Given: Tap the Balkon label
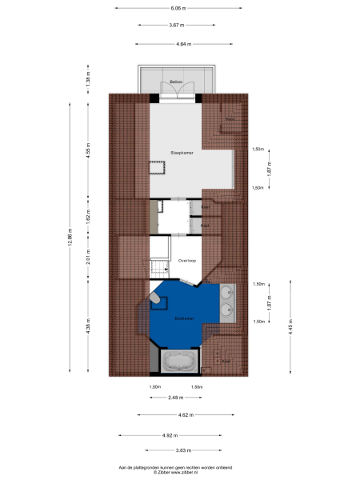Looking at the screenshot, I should (x=176, y=82).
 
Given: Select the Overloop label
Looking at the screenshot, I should (x=187, y=260).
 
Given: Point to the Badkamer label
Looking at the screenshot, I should (x=185, y=318).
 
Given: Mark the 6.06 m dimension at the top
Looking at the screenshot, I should (x=178, y=7).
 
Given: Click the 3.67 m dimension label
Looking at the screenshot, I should (x=178, y=25).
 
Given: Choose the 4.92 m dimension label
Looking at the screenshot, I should (x=169, y=434).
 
